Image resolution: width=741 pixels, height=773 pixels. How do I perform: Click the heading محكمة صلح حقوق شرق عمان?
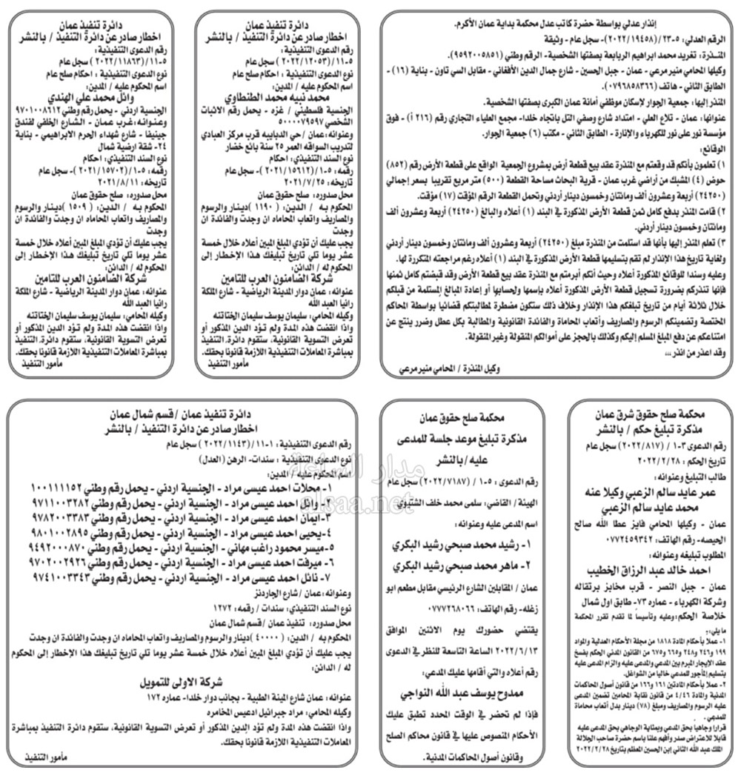coord(656,415)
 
